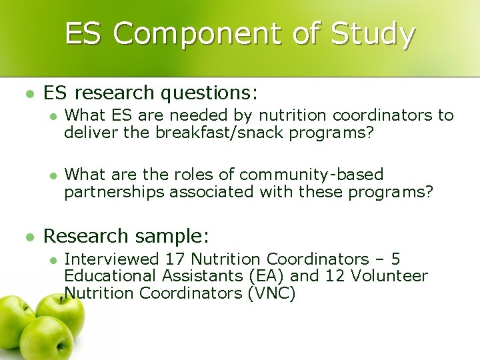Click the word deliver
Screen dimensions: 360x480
click(89, 133)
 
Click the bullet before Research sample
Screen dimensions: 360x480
click(27, 237)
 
